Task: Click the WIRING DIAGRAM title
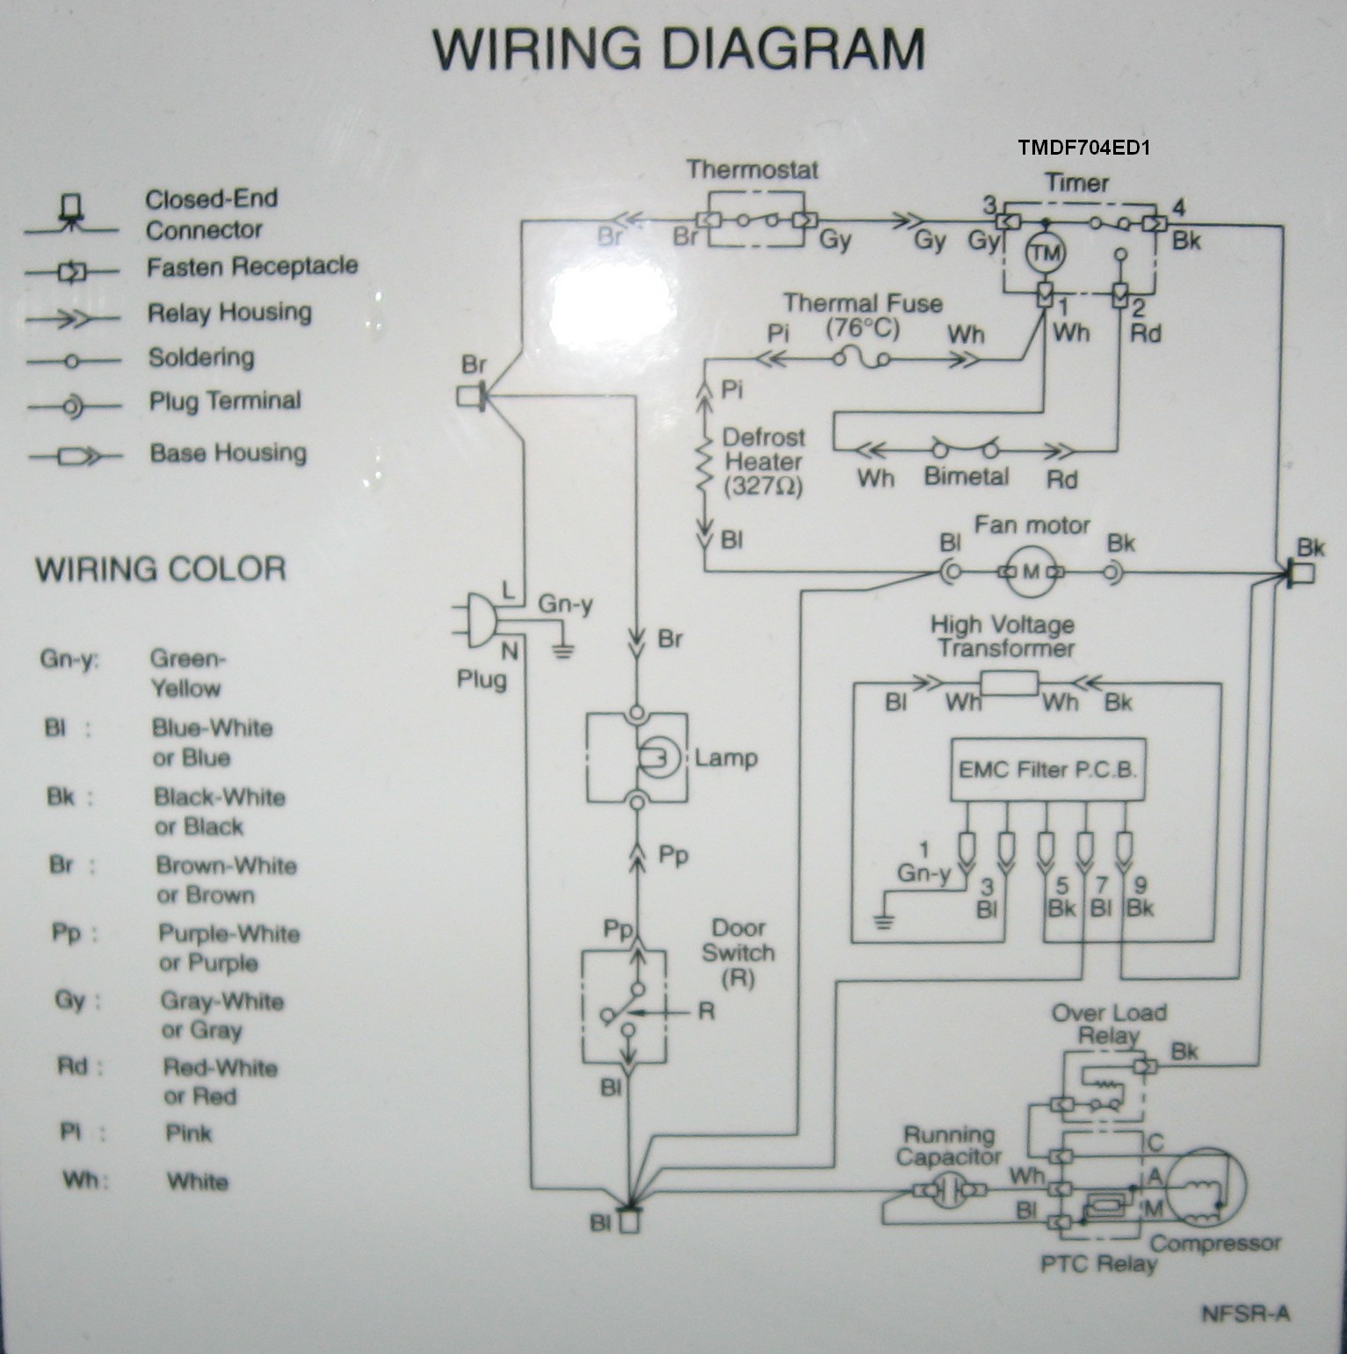(x=678, y=49)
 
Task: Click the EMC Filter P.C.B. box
(x=1047, y=770)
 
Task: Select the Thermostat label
(x=752, y=169)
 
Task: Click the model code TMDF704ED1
(x=1084, y=148)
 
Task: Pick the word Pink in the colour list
(x=189, y=1133)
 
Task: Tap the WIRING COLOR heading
(x=161, y=569)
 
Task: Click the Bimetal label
(x=966, y=476)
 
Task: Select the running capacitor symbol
(x=948, y=1191)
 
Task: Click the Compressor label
(x=1215, y=1243)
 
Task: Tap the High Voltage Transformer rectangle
(x=1009, y=683)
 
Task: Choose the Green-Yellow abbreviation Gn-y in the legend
(x=69, y=659)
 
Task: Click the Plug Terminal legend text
(x=225, y=402)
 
